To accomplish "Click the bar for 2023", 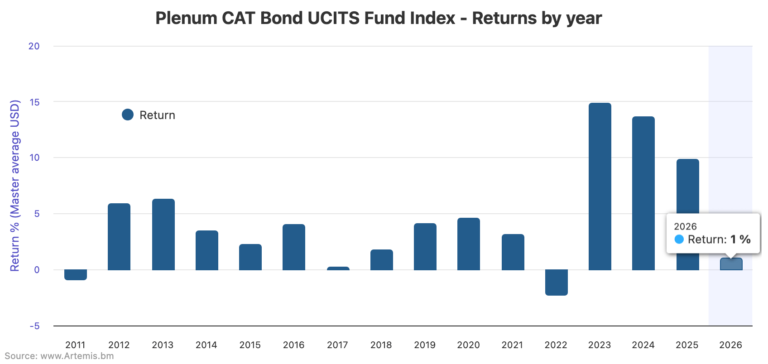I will pyautogui.click(x=600, y=187).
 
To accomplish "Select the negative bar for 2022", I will pyautogui.click(x=556, y=283).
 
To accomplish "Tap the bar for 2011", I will pyautogui.click(x=76, y=275).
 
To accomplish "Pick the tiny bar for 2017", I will pyautogui.click(x=338, y=268).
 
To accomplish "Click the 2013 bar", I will pyautogui.click(x=163, y=235).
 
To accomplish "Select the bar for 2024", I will pyautogui.click(x=643, y=193).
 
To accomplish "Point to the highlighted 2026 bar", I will pyautogui.click(x=731, y=264).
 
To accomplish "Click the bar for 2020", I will pyautogui.click(x=468, y=244).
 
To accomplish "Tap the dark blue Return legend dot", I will pyautogui.click(x=128, y=115).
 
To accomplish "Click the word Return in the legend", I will pyautogui.click(x=157, y=115).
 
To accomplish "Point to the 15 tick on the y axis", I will pyautogui.click(x=34, y=102).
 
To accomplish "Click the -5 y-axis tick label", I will pyautogui.click(x=34, y=326).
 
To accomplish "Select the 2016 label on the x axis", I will pyautogui.click(x=293, y=345).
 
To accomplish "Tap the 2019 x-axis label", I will pyautogui.click(x=425, y=345).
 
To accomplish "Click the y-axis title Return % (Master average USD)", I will pyautogui.click(x=15, y=186).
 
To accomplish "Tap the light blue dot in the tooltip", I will pyautogui.click(x=679, y=239).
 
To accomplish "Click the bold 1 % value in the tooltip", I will pyautogui.click(x=740, y=239).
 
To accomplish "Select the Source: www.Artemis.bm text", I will pyautogui.click(x=59, y=356).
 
